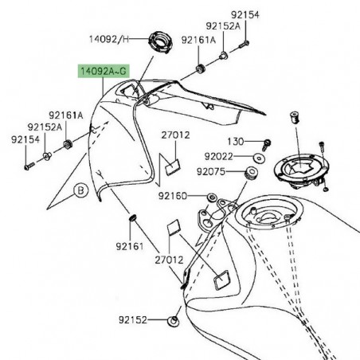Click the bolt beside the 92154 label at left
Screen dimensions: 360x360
click(29, 166)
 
